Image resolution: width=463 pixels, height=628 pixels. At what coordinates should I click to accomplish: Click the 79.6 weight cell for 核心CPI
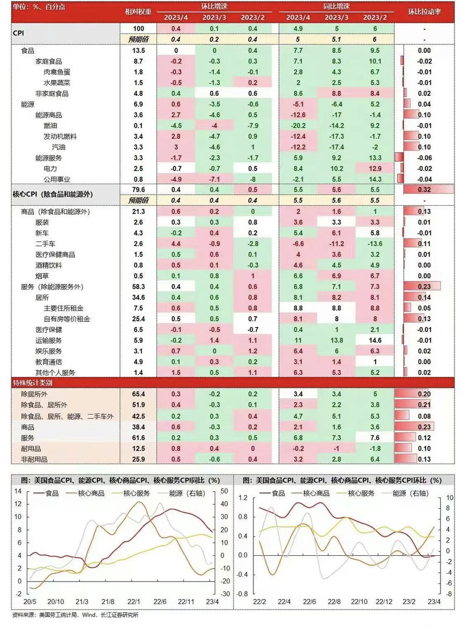(x=138, y=189)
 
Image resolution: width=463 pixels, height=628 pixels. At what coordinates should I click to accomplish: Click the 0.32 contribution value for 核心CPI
(x=424, y=189)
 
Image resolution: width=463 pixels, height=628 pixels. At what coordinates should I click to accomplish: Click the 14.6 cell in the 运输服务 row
(x=375, y=340)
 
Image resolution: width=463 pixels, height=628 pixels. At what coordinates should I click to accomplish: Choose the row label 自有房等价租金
(x=67, y=319)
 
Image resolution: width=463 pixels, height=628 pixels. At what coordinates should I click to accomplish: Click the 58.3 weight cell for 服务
(x=138, y=286)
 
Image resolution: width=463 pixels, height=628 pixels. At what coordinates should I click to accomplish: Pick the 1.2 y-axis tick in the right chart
(x=242, y=497)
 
